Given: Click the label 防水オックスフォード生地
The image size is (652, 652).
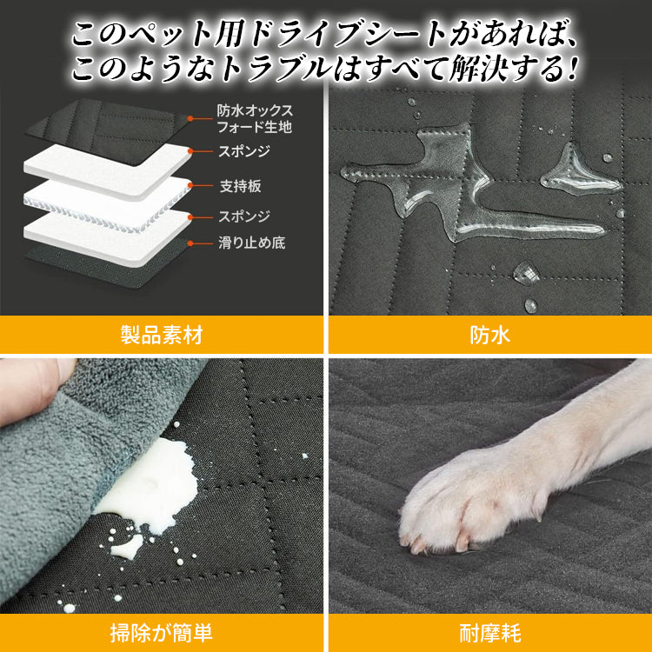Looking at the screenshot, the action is pyautogui.click(x=255, y=118).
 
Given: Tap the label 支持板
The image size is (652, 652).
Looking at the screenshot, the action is pyautogui.click(x=240, y=186).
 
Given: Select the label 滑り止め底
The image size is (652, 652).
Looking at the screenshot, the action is pyautogui.click(x=251, y=243).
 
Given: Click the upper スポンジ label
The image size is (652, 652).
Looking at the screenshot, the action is pyautogui.click(x=244, y=151).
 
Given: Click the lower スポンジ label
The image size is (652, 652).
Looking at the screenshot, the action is pyautogui.click(x=244, y=216).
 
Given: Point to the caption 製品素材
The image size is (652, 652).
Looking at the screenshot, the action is pyautogui.click(x=162, y=335).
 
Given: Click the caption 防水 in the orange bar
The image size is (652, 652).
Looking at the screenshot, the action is pyautogui.click(x=489, y=335).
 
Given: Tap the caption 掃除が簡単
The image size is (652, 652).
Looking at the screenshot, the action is pyautogui.click(x=162, y=633).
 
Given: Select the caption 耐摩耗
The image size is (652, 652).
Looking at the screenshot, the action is pyautogui.click(x=490, y=633).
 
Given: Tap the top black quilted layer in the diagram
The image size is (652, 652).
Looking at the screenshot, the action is pyautogui.click(x=107, y=130).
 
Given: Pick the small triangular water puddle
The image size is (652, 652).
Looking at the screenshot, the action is pyautogui.click(x=580, y=170).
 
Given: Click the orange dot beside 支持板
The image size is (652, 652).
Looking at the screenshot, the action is pyautogui.click(x=190, y=185).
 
